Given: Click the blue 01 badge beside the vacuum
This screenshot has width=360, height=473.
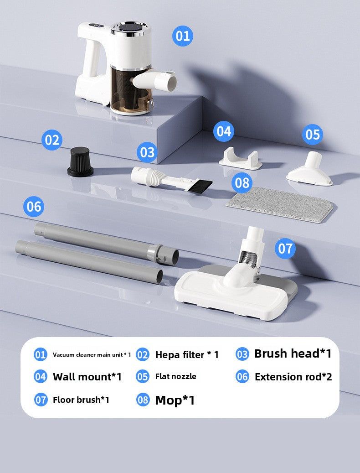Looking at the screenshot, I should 182,36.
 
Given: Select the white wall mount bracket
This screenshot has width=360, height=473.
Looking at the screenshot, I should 240,158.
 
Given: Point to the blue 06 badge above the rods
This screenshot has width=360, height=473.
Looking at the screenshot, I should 34,207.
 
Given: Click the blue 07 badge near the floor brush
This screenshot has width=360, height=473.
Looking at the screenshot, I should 285,249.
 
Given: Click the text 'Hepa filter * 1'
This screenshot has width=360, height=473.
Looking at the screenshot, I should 187,355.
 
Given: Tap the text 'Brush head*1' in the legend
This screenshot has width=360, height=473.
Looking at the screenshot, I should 293,353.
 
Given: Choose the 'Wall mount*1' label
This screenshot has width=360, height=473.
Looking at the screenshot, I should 87,377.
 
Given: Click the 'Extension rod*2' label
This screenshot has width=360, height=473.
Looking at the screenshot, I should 293,377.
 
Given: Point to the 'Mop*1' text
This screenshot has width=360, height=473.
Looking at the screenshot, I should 175,400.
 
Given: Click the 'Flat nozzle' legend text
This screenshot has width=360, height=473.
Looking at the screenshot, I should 175,376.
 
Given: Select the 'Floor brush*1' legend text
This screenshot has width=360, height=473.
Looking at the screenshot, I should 81,400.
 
